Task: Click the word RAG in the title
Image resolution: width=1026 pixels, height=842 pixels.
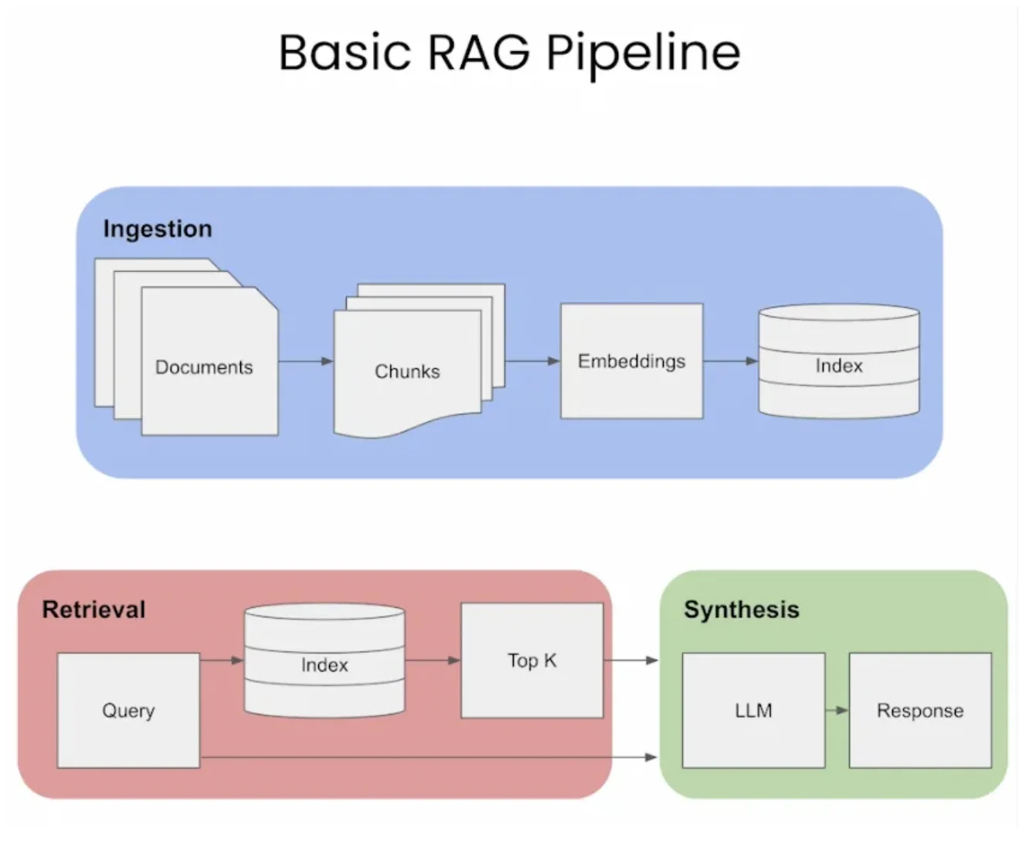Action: pyautogui.click(x=479, y=53)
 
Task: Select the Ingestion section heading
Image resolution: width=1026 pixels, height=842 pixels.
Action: pyautogui.click(x=158, y=229)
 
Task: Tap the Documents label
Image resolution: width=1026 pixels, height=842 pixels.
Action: pyautogui.click(x=204, y=367)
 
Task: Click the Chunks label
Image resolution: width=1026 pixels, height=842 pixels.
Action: pyautogui.click(x=407, y=372)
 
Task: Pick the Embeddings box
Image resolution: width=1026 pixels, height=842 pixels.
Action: pyautogui.click(x=631, y=362)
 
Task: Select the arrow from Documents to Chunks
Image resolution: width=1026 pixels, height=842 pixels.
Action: pyautogui.click(x=306, y=361)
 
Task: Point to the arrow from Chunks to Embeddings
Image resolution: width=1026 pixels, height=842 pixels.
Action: pyautogui.click(x=532, y=361)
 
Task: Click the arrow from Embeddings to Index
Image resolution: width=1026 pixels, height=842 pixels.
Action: pyautogui.click(x=731, y=361)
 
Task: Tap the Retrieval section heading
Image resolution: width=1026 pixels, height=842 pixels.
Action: pyautogui.click(x=93, y=609)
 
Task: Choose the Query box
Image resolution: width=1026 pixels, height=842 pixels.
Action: pyautogui.click(x=128, y=711)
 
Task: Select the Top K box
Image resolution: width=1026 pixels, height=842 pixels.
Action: pyautogui.click(x=532, y=661)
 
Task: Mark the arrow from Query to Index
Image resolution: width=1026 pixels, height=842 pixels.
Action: pyautogui.click(x=223, y=660)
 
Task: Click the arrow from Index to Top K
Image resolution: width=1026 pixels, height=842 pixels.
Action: pyautogui.click(x=433, y=660)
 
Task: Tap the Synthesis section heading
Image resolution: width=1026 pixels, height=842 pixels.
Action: pyautogui.click(x=741, y=609)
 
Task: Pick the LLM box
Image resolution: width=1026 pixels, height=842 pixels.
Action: pyautogui.click(x=753, y=711)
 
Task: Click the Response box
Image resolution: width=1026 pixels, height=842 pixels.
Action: pyautogui.click(x=919, y=711)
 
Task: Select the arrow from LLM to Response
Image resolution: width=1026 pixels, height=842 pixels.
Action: pyautogui.click(x=837, y=710)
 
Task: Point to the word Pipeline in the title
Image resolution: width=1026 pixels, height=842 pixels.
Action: pyautogui.click(x=644, y=53)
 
